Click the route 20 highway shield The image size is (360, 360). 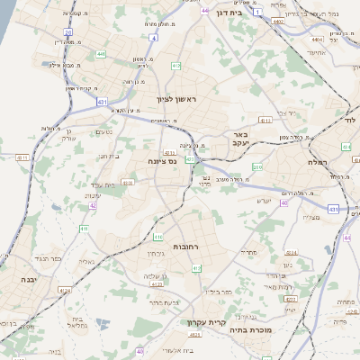[67, 31]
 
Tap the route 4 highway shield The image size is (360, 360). [154, 39]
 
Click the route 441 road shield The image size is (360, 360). [100, 55]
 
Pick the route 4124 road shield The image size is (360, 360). [63, 291]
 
